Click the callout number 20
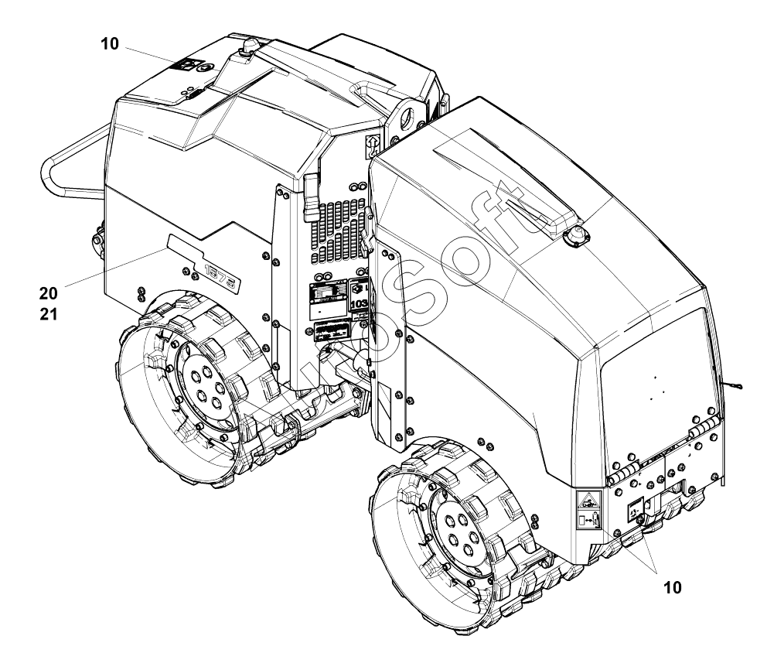(x=49, y=292)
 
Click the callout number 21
(x=49, y=314)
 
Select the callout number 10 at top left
(x=110, y=44)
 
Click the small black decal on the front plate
(x=635, y=508)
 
